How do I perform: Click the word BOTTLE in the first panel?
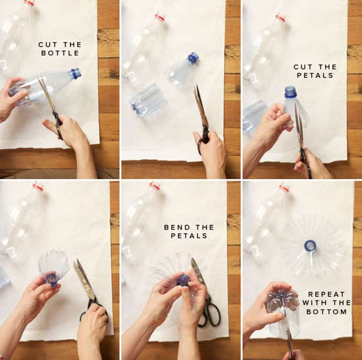coord(60,53)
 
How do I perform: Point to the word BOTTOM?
coord(327,312)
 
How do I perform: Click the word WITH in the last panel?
coord(316,303)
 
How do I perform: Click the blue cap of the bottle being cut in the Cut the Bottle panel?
coord(76,73)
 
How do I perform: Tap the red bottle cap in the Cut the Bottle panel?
coord(29,3)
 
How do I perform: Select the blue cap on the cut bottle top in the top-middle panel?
coord(193,58)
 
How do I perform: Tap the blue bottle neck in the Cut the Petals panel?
coord(290,92)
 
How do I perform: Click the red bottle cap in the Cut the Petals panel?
coord(281,17)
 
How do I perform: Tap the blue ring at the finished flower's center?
coord(310,245)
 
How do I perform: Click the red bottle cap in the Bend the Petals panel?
coord(154,186)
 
